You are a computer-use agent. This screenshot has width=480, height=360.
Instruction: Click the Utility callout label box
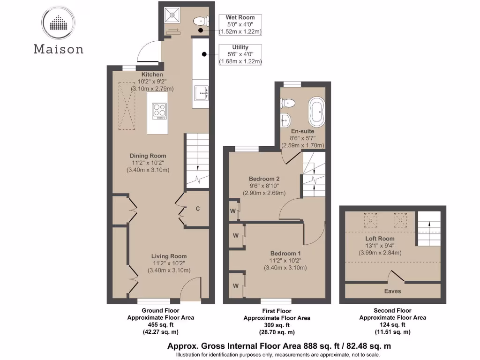[240, 54]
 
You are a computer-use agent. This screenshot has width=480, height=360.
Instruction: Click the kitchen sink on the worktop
[201, 94]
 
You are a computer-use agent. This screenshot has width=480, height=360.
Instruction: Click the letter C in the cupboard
[198, 209]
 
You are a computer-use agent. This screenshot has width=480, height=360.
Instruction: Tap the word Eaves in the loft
[393, 291]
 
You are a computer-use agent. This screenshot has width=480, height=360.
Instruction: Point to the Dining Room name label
[148, 156]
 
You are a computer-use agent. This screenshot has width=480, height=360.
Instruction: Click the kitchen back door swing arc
[146, 52]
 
